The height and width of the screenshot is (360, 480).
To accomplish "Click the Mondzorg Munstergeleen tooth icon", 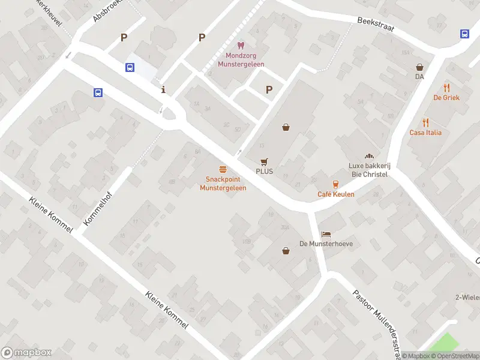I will pos(241,45).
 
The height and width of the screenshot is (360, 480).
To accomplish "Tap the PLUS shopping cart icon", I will pos(264,161).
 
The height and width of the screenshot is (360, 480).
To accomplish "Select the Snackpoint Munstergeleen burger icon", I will pos(223,170).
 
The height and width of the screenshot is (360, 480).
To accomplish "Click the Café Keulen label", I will pos(336,194).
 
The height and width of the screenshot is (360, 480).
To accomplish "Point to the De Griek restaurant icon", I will pos(446,88).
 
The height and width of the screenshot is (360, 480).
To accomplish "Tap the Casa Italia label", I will pos(425,133).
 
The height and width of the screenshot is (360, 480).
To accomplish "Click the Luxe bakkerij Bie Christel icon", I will pos(368,156).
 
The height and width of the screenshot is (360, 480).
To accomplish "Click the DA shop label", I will pos(419,76).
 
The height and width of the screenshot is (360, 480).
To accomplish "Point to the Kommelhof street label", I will pos(98,206).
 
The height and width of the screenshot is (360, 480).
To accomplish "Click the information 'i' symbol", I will pos(164,90).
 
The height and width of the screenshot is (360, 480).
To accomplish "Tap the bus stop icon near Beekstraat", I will pos(465,34).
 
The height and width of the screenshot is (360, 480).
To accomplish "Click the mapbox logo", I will pos(26,353).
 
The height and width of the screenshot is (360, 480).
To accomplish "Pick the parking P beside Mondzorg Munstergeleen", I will pos(202,37).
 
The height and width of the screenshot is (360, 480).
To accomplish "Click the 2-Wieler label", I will pos(467,298).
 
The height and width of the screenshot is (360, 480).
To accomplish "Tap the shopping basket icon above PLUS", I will pos(286,127).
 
